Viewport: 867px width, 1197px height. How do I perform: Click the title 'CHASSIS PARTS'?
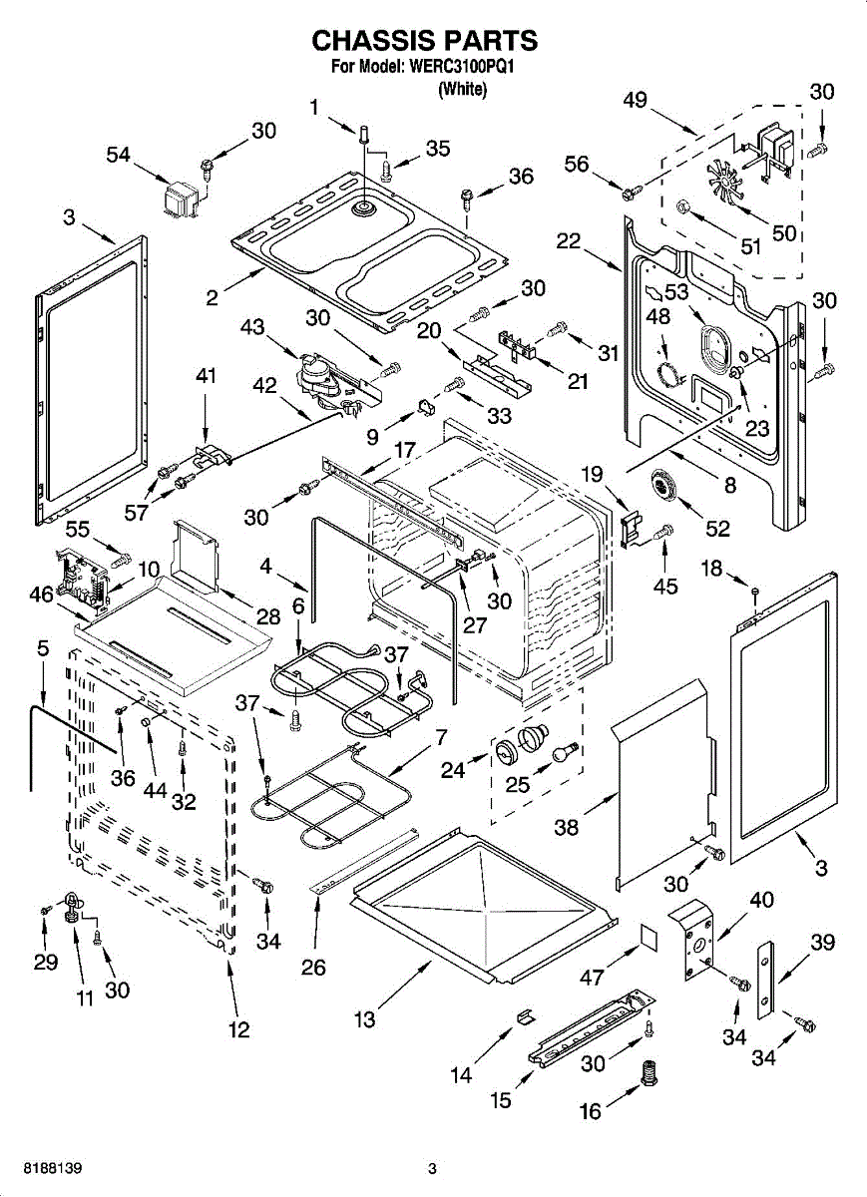[x=425, y=41]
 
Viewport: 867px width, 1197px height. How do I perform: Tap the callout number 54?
[x=119, y=154]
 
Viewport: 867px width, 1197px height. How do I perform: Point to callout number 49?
[x=635, y=100]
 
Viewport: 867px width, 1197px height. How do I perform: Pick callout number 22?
[x=569, y=240]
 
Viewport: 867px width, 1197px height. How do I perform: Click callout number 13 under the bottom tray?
[x=364, y=1019]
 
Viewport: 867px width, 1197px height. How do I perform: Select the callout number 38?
[x=567, y=826]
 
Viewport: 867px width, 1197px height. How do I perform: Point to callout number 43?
[x=253, y=326]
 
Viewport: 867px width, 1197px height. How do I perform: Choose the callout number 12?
[x=239, y=1030]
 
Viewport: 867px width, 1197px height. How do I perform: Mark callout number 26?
[x=314, y=967]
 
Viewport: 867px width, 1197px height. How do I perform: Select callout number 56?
[x=577, y=165]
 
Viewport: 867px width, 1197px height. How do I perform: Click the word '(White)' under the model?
[x=462, y=90]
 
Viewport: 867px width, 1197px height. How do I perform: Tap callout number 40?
[x=761, y=900]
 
